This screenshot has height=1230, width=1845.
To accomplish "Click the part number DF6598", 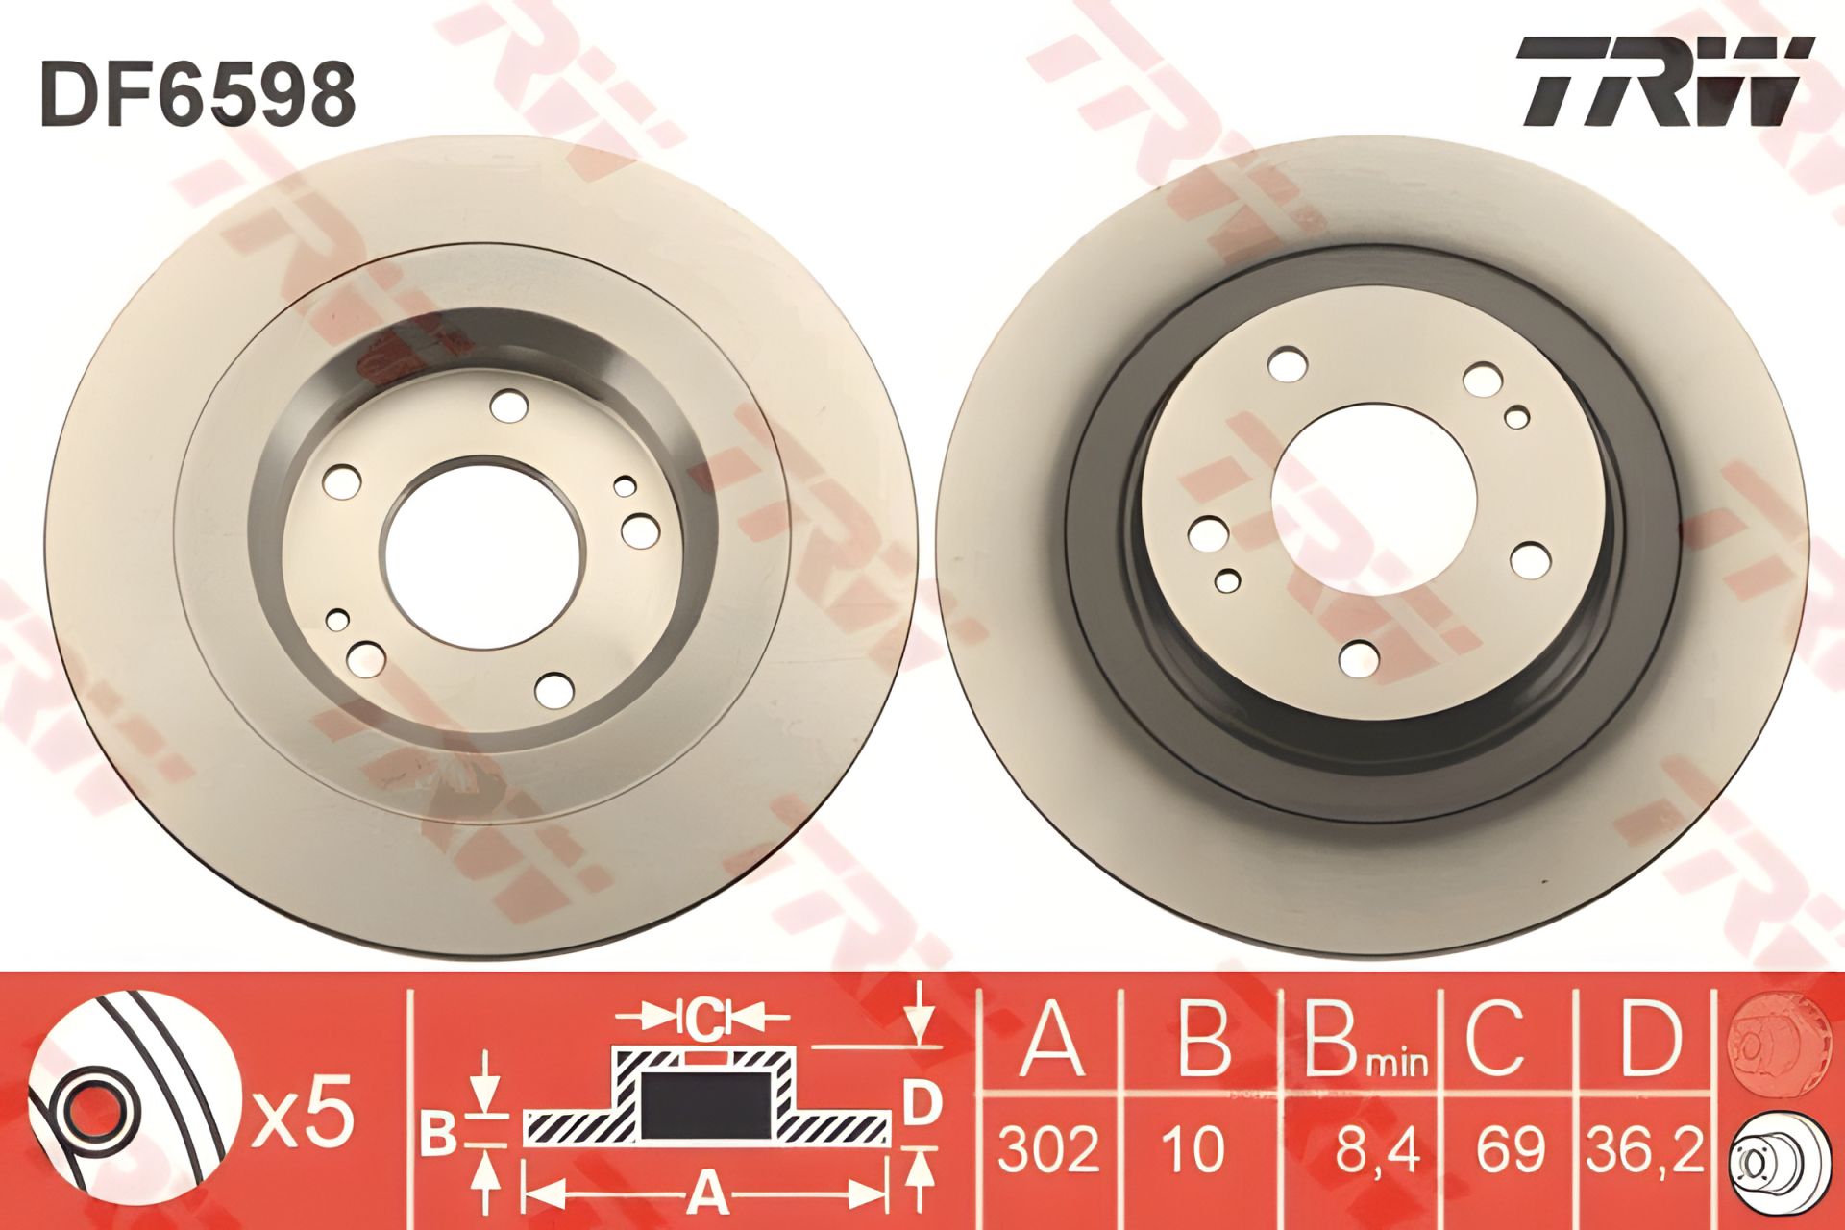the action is point(197,96).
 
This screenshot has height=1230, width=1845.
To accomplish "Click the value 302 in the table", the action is point(1049,1149).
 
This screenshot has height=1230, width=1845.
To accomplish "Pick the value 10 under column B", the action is point(1194,1149).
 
